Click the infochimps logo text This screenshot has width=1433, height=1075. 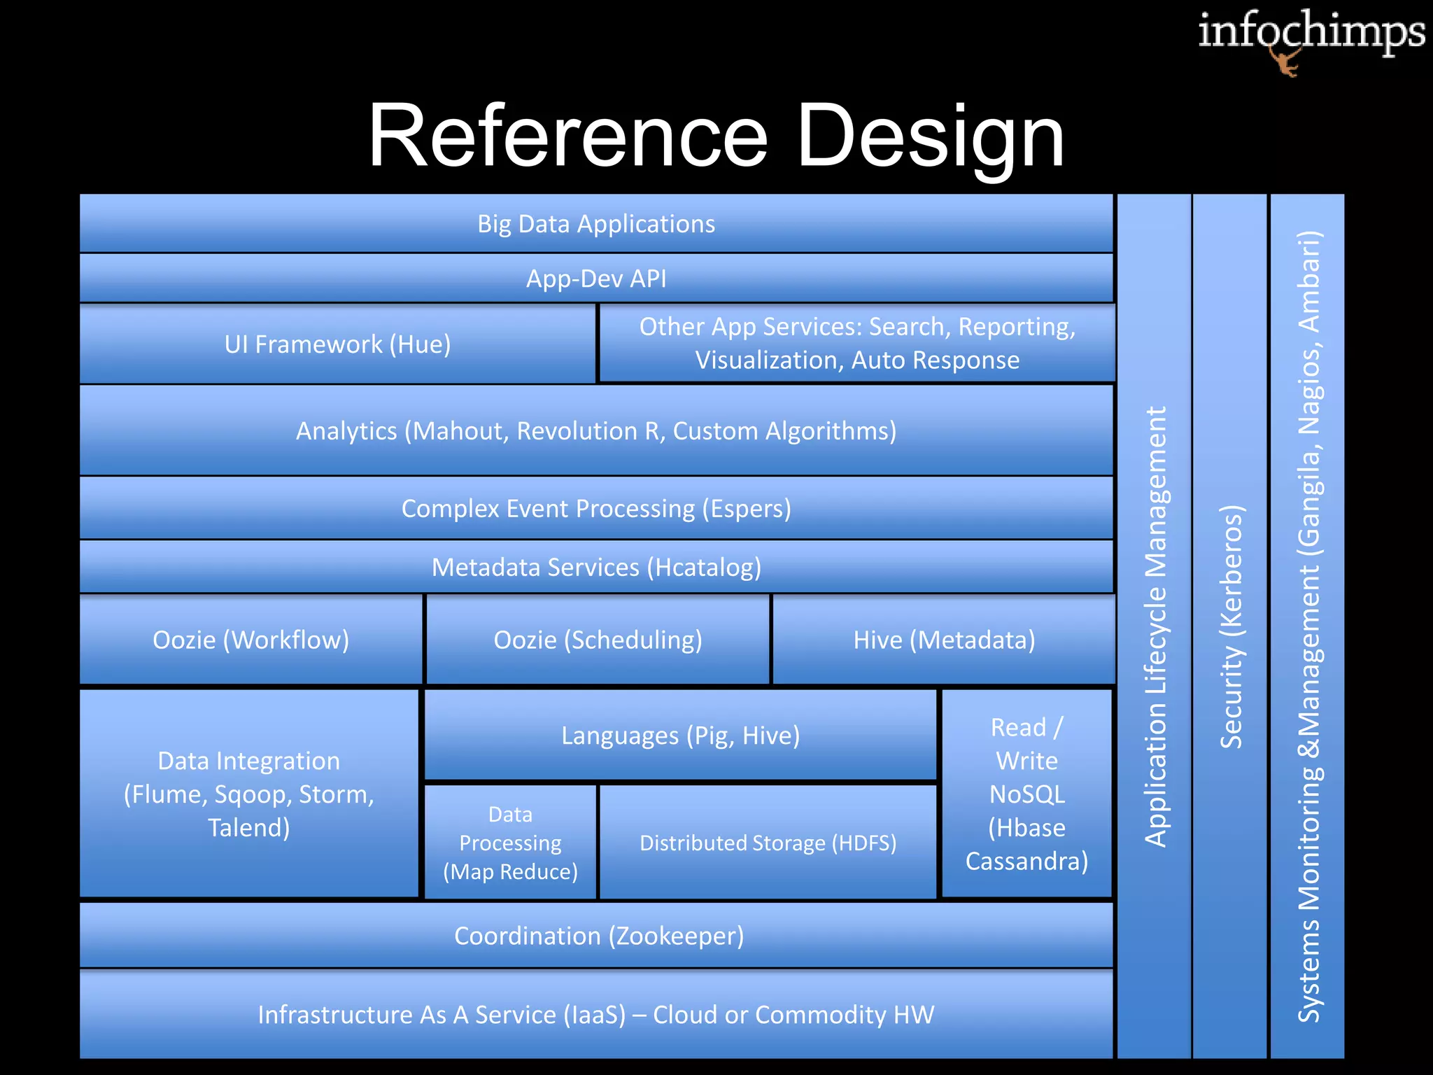[1311, 32]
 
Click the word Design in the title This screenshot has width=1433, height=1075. [930, 136]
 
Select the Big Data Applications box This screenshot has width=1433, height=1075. [596, 224]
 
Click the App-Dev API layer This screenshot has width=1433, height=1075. [596, 279]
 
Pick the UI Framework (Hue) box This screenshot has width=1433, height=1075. [337, 344]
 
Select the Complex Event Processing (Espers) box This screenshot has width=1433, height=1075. [596, 509]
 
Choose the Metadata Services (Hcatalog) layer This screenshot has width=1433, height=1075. [596, 568]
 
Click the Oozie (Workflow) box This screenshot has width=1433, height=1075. [250, 640]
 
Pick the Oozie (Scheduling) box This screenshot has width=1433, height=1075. [598, 640]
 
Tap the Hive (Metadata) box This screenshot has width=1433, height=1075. [944, 640]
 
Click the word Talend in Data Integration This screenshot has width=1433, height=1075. [248, 828]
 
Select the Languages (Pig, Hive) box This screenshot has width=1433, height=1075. [680, 736]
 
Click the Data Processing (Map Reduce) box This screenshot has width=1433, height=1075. [510, 843]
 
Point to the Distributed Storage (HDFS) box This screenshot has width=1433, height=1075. [768, 843]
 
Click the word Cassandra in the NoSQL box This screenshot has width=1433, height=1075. [1026, 862]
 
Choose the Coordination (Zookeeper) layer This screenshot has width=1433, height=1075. [598, 936]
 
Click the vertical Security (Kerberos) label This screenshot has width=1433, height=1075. [1231, 626]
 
